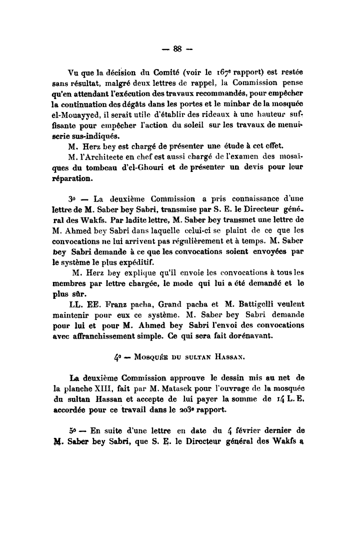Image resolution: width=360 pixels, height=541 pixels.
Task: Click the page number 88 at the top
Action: pyautogui.click(x=176, y=48)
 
